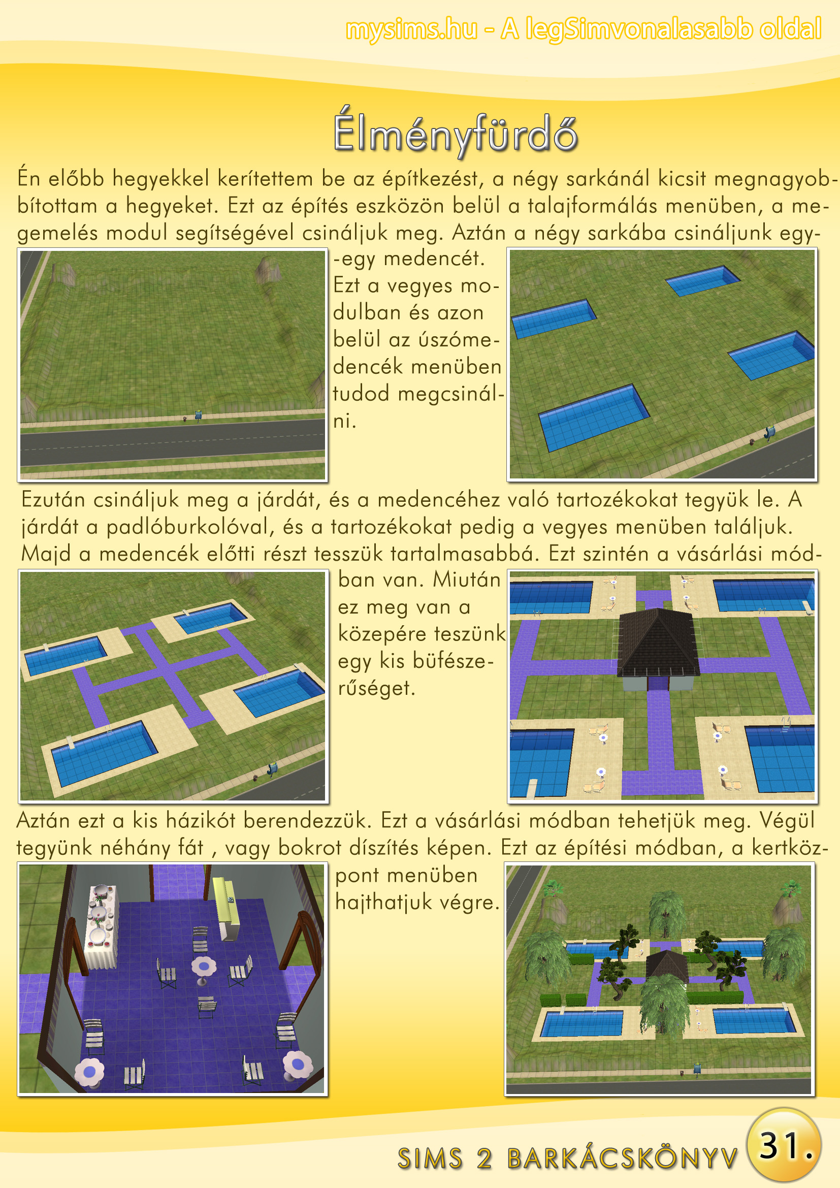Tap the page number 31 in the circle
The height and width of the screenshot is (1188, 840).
coord(779,1145)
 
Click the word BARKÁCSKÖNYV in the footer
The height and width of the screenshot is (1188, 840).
coord(622,1158)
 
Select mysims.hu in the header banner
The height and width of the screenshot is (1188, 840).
coord(411,29)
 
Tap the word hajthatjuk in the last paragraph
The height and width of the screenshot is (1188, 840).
coord(383,903)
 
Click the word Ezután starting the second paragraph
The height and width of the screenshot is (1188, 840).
coord(53,500)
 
